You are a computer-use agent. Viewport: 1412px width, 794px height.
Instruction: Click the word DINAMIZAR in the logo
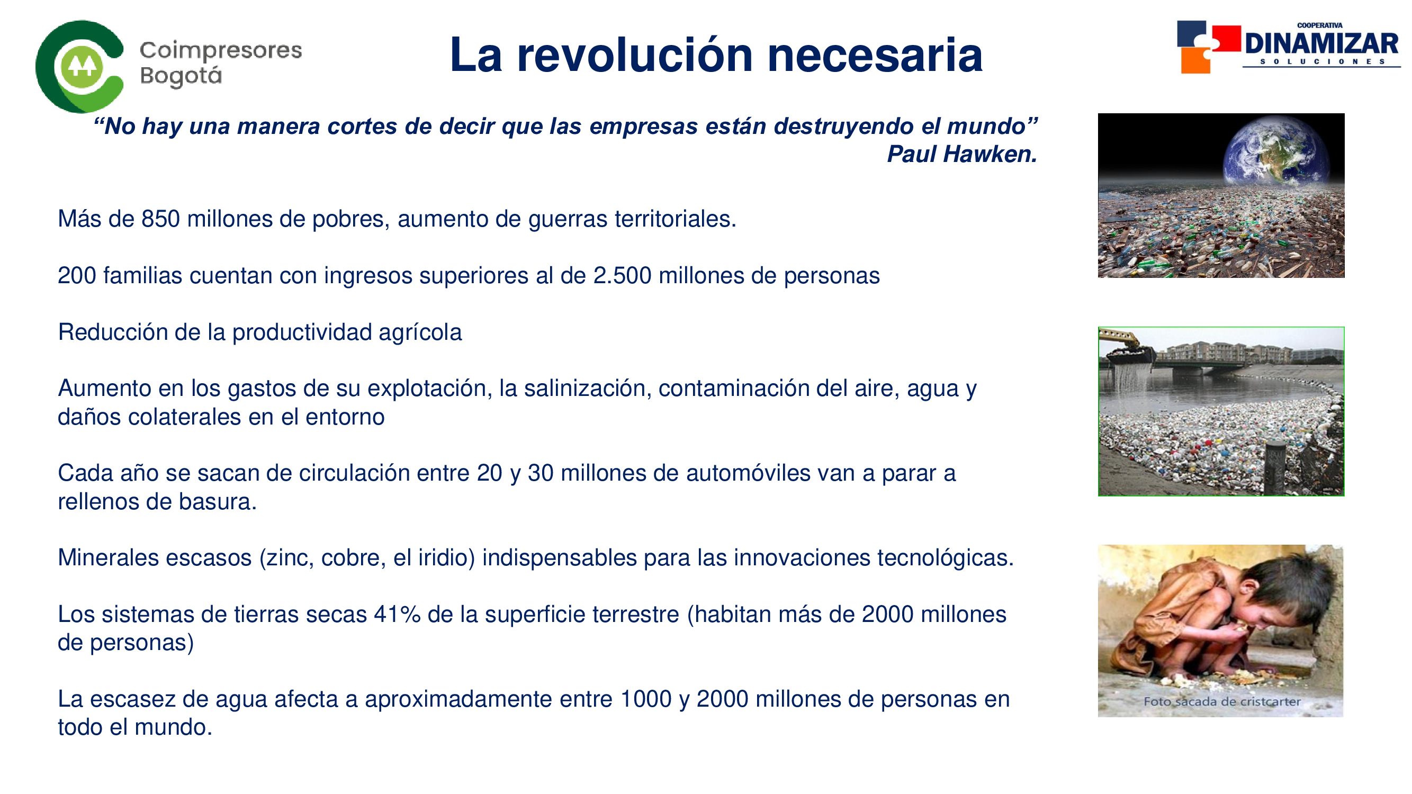(x=1321, y=44)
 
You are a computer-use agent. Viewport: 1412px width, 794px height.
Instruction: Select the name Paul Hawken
(x=962, y=154)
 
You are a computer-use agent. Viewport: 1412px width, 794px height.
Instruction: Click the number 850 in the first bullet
(x=160, y=219)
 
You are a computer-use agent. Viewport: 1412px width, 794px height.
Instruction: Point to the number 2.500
(x=622, y=276)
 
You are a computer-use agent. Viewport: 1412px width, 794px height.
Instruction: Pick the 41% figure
(x=398, y=615)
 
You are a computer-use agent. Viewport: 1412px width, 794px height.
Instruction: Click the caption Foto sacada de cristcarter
(x=1222, y=702)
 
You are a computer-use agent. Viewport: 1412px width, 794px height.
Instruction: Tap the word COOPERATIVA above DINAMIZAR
(x=1320, y=26)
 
